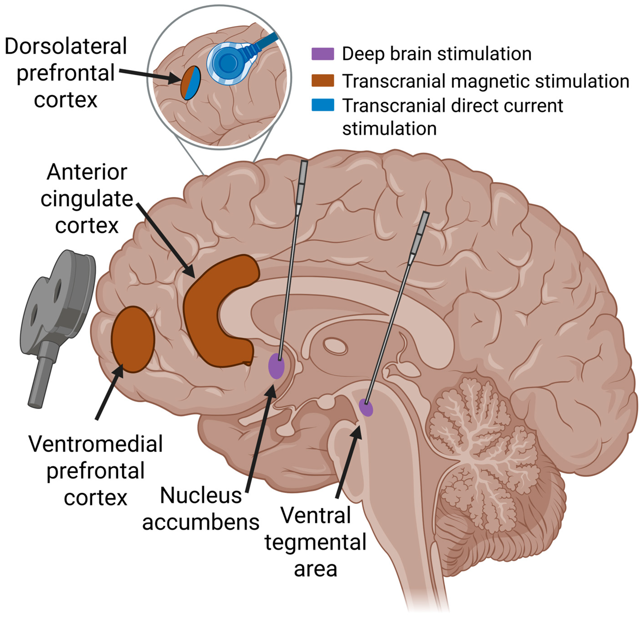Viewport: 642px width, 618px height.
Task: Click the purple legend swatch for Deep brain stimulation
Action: pos(323,54)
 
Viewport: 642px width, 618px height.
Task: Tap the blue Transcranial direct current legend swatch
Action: pos(323,105)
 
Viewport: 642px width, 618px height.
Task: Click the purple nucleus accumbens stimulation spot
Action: pos(276,366)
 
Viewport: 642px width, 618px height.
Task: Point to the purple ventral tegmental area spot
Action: pos(366,408)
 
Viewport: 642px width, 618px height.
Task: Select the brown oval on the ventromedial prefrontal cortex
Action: pos(133,339)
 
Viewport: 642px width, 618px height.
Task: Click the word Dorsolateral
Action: pos(65,46)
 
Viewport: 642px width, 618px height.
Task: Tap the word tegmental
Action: pos(315,542)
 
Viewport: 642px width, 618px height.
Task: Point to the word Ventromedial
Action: pos(95,444)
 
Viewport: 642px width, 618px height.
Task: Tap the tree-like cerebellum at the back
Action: pos(485,458)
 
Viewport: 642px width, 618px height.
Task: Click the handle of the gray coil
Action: pos(41,380)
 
